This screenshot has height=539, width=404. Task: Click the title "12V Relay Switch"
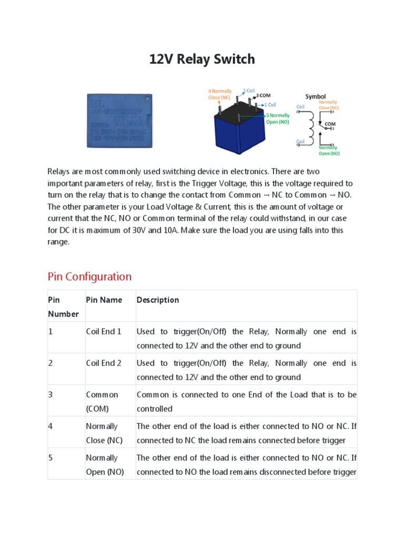[202, 59]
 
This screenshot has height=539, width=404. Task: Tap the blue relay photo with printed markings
[119, 121]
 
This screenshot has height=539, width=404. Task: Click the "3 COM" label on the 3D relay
[263, 96]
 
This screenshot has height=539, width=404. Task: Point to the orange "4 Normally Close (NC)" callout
[219, 94]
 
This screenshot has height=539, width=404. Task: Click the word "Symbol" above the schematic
[316, 96]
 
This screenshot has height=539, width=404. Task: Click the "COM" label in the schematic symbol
[330, 124]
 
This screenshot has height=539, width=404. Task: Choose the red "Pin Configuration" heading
[89, 276]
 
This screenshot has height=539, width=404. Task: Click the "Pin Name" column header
[104, 300]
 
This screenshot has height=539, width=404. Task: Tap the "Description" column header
[158, 300]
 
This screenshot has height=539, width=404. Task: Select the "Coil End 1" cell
[104, 332]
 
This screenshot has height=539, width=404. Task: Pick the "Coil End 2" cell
[104, 363]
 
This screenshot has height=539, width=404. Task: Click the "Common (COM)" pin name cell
[102, 402]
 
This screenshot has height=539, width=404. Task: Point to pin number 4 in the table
[50, 426]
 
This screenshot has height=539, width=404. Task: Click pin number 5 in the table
[50, 458]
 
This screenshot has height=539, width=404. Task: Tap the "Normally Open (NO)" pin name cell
[105, 465]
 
